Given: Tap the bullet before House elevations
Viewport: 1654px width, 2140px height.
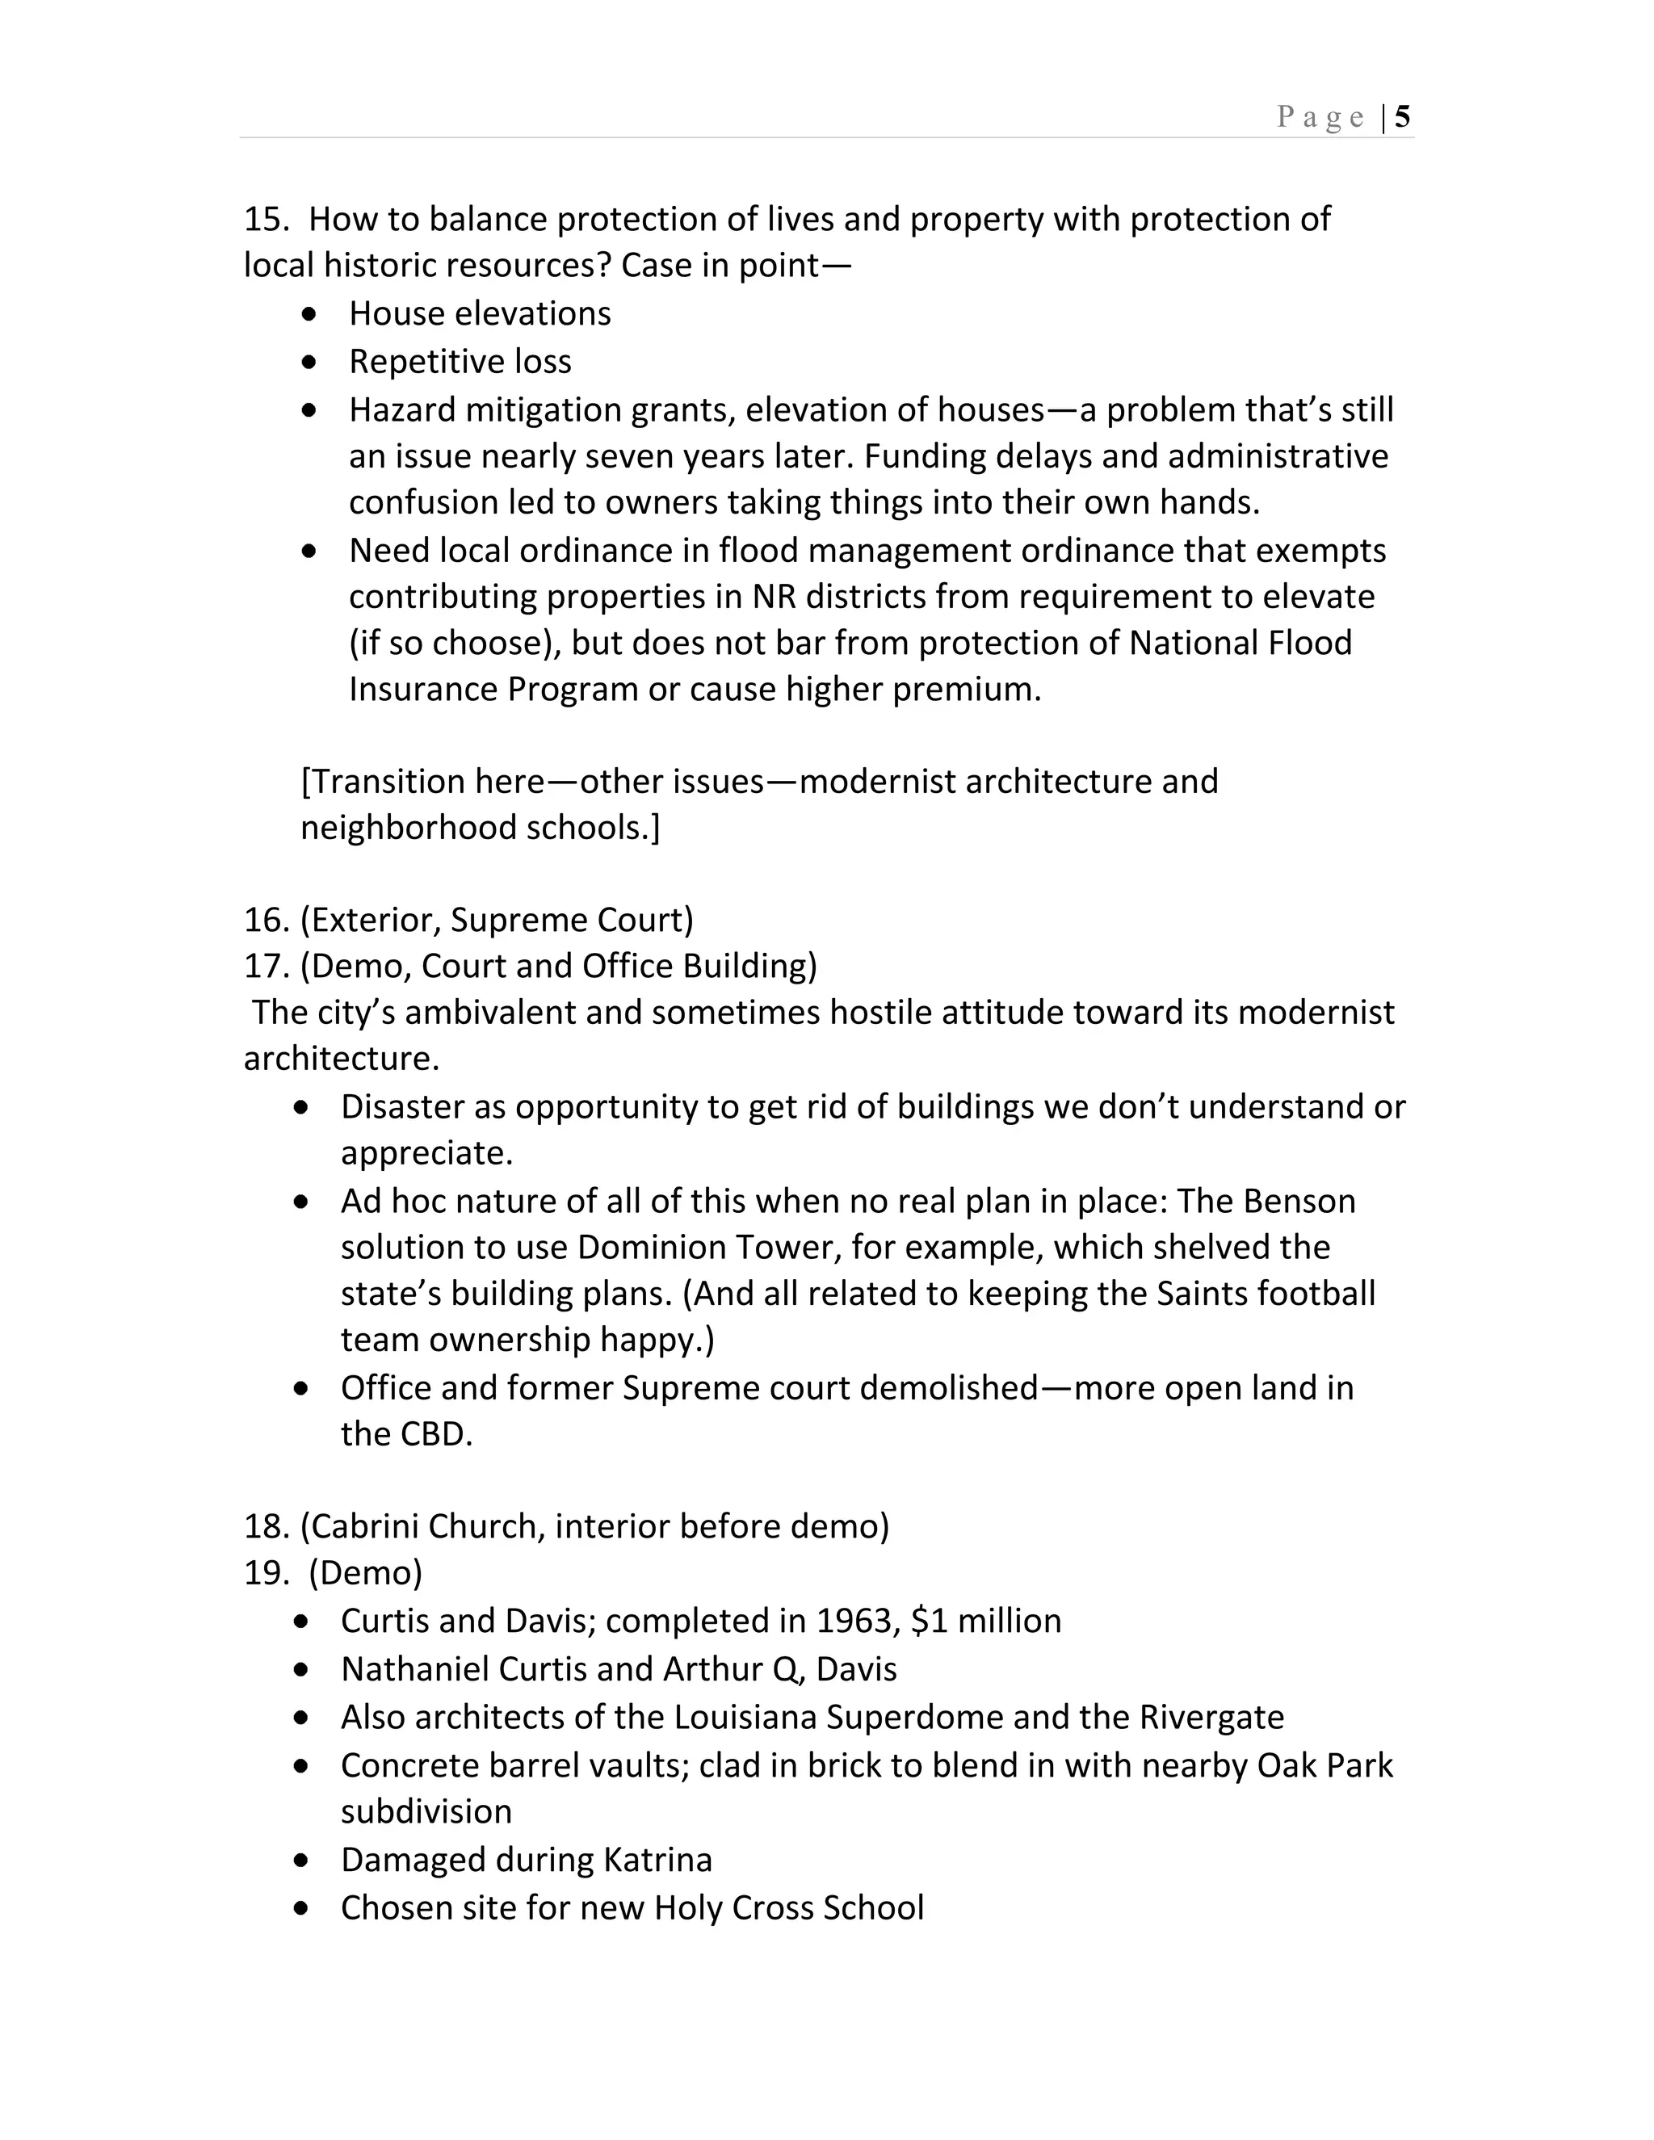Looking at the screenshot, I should click(309, 314).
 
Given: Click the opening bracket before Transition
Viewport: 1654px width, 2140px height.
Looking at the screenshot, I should click(306, 782).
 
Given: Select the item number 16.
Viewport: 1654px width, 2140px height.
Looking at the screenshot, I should click(265, 920).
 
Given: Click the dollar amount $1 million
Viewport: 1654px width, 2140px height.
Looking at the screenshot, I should click(986, 1622).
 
